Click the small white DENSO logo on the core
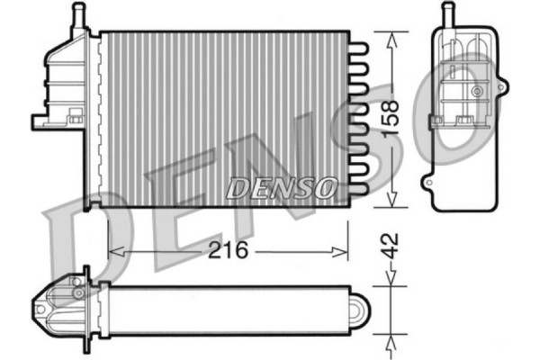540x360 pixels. [281, 187]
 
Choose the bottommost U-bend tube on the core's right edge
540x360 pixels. [358, 193]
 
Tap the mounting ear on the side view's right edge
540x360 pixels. [501, 86]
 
